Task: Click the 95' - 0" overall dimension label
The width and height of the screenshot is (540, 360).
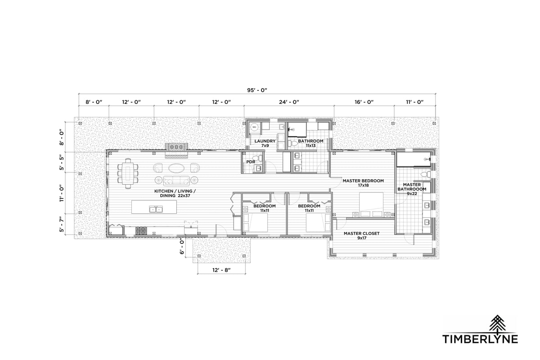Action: click(257, 90)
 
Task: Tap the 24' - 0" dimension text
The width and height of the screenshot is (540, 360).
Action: click(289, 102)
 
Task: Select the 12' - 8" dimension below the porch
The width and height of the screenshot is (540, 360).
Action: click(221, 270)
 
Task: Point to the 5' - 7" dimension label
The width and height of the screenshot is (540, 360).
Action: click(62, 224)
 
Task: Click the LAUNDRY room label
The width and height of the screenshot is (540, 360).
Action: click(265, 141)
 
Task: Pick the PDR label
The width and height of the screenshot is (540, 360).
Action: click(251, 162)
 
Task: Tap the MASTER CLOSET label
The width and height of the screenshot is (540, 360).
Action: click(362, 234)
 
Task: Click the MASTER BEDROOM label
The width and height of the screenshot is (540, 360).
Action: click(363, 180)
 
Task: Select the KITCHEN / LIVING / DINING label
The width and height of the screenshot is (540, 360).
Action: click(175, 193)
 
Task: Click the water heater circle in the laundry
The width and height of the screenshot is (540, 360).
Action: click(254, 127)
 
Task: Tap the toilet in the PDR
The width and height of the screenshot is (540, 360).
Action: click(259, 158)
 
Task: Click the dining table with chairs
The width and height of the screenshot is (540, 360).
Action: click(128, 173)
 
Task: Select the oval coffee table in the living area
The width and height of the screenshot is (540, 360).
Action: click(176, 168)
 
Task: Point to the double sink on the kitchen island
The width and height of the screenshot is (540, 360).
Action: click(156, 209)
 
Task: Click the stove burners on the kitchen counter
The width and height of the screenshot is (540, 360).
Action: click(141, 231)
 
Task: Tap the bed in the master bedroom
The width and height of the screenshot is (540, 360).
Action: click(371, 204)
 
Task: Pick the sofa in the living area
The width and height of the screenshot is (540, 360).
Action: click(176, 180)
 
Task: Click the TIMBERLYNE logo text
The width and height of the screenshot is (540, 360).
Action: click(480, 339)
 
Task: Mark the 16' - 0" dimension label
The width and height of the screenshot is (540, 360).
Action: click(364, 102)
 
